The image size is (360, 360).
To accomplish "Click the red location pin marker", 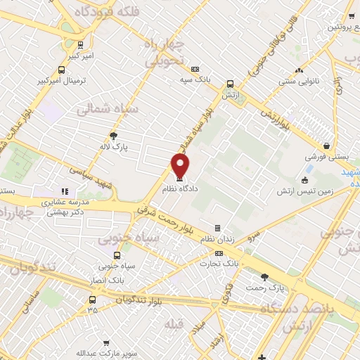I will (x=181, y=165).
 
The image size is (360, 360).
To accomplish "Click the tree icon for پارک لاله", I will (x=115, y=136).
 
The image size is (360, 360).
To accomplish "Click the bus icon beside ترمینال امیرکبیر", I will (x=61, y=70).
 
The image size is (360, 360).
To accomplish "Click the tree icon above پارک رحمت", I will (x=264, y=276).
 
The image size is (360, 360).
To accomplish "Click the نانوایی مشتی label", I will (x=300, y=82).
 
